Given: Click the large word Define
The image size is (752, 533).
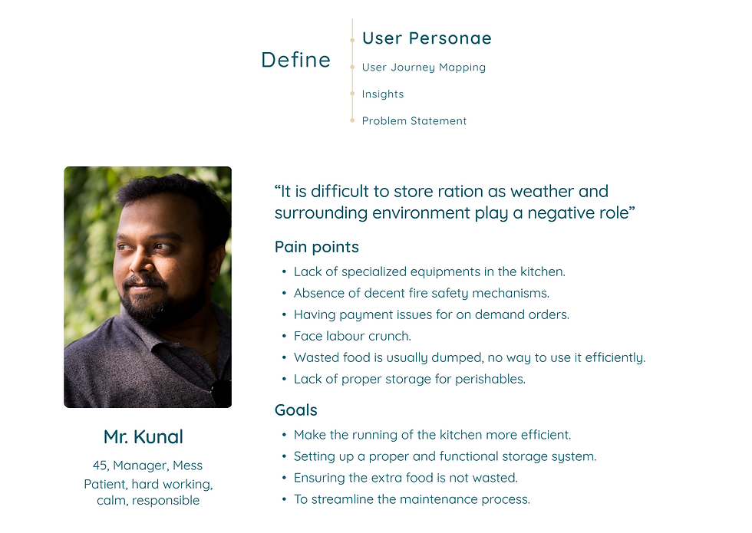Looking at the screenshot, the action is (x=296, y=60).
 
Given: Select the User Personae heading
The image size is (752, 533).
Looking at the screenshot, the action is (x=427, y=38).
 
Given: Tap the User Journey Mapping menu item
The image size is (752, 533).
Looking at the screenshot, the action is (x=424, y=67).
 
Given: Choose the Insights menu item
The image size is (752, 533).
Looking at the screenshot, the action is (x=383, y=94).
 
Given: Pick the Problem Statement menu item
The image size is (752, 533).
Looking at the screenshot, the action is (x=414, y=121).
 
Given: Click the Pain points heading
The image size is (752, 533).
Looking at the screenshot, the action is (x=316, y=247).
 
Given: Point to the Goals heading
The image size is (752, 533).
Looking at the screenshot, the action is (x=296, y=410).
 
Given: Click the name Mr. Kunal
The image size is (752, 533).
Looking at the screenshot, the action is (x=143, y=436).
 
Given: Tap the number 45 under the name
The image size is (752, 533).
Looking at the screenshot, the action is (x=100, y=466).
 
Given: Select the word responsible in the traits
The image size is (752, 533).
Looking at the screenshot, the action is (x=166, y=500).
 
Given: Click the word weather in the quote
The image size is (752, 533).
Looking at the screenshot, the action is (x=542, y=191).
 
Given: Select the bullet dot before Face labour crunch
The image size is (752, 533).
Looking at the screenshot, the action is (x=284, y=337).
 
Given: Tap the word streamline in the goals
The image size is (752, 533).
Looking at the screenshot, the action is (x=342, y=499).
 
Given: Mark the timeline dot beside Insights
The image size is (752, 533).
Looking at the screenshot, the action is (x=352, y=94).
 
